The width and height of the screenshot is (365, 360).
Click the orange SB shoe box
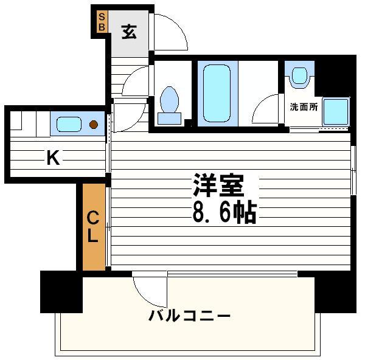pyautogui.click(x=102, y=22)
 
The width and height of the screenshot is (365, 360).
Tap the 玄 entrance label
pyautogui.click(x=128, y=31)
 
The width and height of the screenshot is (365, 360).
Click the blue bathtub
pyautogui.click(x=215, y=92)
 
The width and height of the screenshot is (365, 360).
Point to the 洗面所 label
pyautogui.click(x=303, y=107)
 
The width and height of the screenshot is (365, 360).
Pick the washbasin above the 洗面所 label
pyautogui.click(x=299, y=76)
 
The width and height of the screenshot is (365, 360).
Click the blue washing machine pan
pyautogui.click(x=335, y=111)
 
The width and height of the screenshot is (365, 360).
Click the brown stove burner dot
pyautogui.click(x=93, y=125)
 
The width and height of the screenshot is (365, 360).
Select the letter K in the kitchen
pyautogui.click(x=54, y=159)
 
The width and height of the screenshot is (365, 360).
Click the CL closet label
pyautogui.click(x=92, y=226)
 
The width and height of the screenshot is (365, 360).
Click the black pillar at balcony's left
pyautogui.click(x=61, y=292)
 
